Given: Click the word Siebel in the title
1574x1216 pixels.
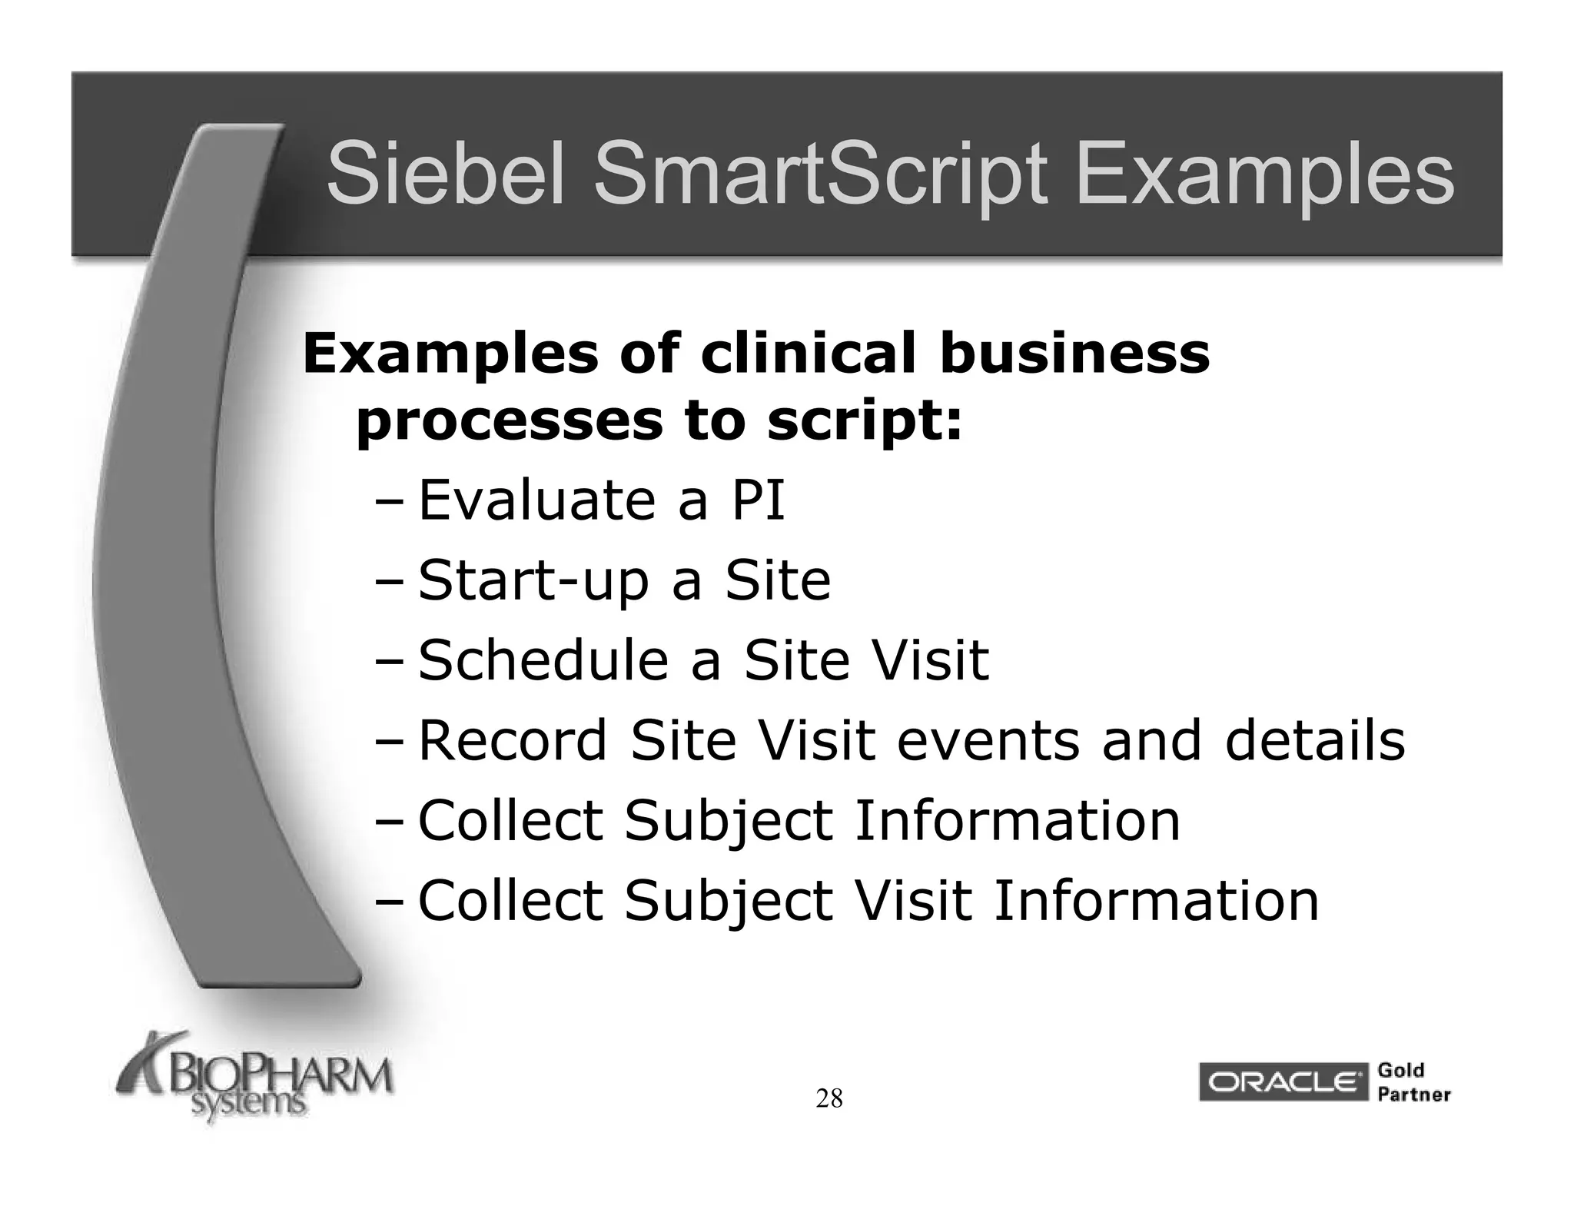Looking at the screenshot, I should (x=447, y=175).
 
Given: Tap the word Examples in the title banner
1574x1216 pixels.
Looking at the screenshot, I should (x=1264, y=175).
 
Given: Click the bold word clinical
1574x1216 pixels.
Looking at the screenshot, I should (x=809, y=354).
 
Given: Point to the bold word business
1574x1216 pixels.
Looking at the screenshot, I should (x=1074, y=354).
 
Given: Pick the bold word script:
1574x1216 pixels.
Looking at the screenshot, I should (x=864, y=422).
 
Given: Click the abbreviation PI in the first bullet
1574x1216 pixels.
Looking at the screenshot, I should (x=758, y=500).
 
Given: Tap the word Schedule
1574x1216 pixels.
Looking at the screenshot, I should (x=543, y=660).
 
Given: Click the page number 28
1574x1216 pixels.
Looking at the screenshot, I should (x=829, y=1099).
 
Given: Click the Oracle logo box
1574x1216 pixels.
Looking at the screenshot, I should (x=1282, y=1082).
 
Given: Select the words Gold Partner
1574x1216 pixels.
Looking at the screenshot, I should (x=1413, y=1082).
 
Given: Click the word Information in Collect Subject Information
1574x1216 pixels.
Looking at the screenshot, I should (x=1017, y=821).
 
